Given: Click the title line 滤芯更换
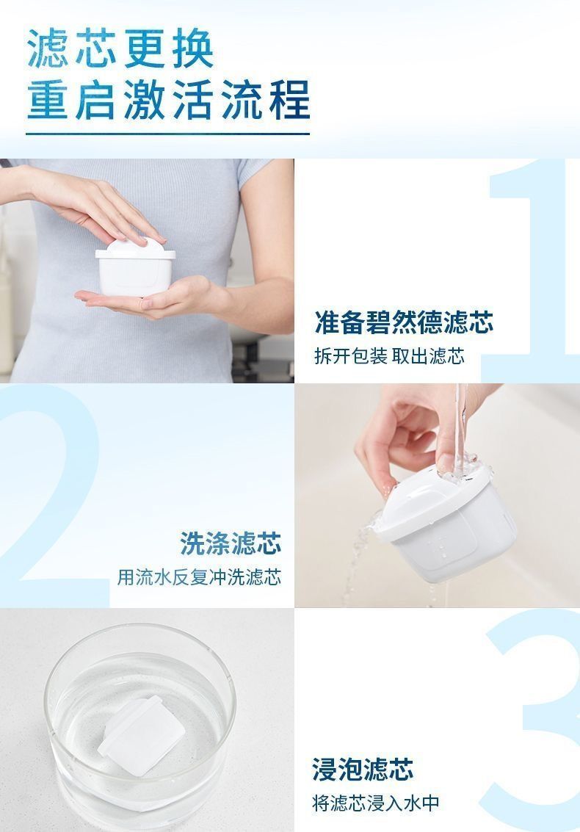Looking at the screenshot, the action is point(120,48).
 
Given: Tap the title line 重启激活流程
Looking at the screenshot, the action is point(168,100).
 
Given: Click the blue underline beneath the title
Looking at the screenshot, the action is point(167,133).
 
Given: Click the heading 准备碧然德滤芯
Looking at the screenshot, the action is point(404,322).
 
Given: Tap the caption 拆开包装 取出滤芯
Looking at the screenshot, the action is point(389,355).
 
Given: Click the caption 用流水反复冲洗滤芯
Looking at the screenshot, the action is point(199,576).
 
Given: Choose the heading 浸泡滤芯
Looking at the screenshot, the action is point(363,770).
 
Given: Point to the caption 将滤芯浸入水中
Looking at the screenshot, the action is point(376,803).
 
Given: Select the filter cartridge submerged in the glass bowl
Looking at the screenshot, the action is point(141,735).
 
